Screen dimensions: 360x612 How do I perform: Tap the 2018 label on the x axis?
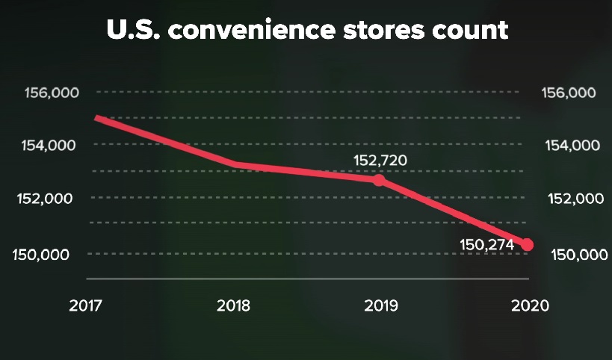point(234,306)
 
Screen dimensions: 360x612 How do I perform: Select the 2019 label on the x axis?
point(380,306)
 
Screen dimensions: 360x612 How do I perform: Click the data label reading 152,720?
point(380,160)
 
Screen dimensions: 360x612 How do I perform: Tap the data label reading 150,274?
point(489,243)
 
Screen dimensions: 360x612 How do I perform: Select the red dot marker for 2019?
point(379,180)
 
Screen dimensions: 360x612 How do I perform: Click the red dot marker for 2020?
point(527,245)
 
